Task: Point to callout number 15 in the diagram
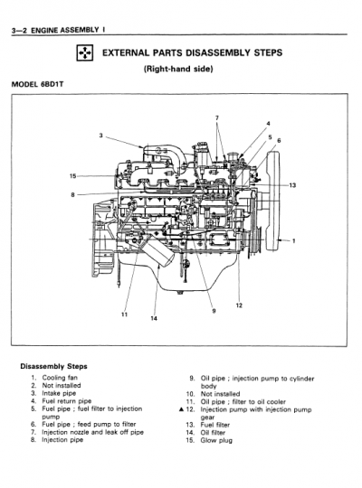(72, 174)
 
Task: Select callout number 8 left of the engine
(72, 193)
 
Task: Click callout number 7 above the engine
(216, 118)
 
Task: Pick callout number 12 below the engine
(239, 305)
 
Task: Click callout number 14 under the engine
(154, 319)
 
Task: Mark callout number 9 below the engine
(214, 311)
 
